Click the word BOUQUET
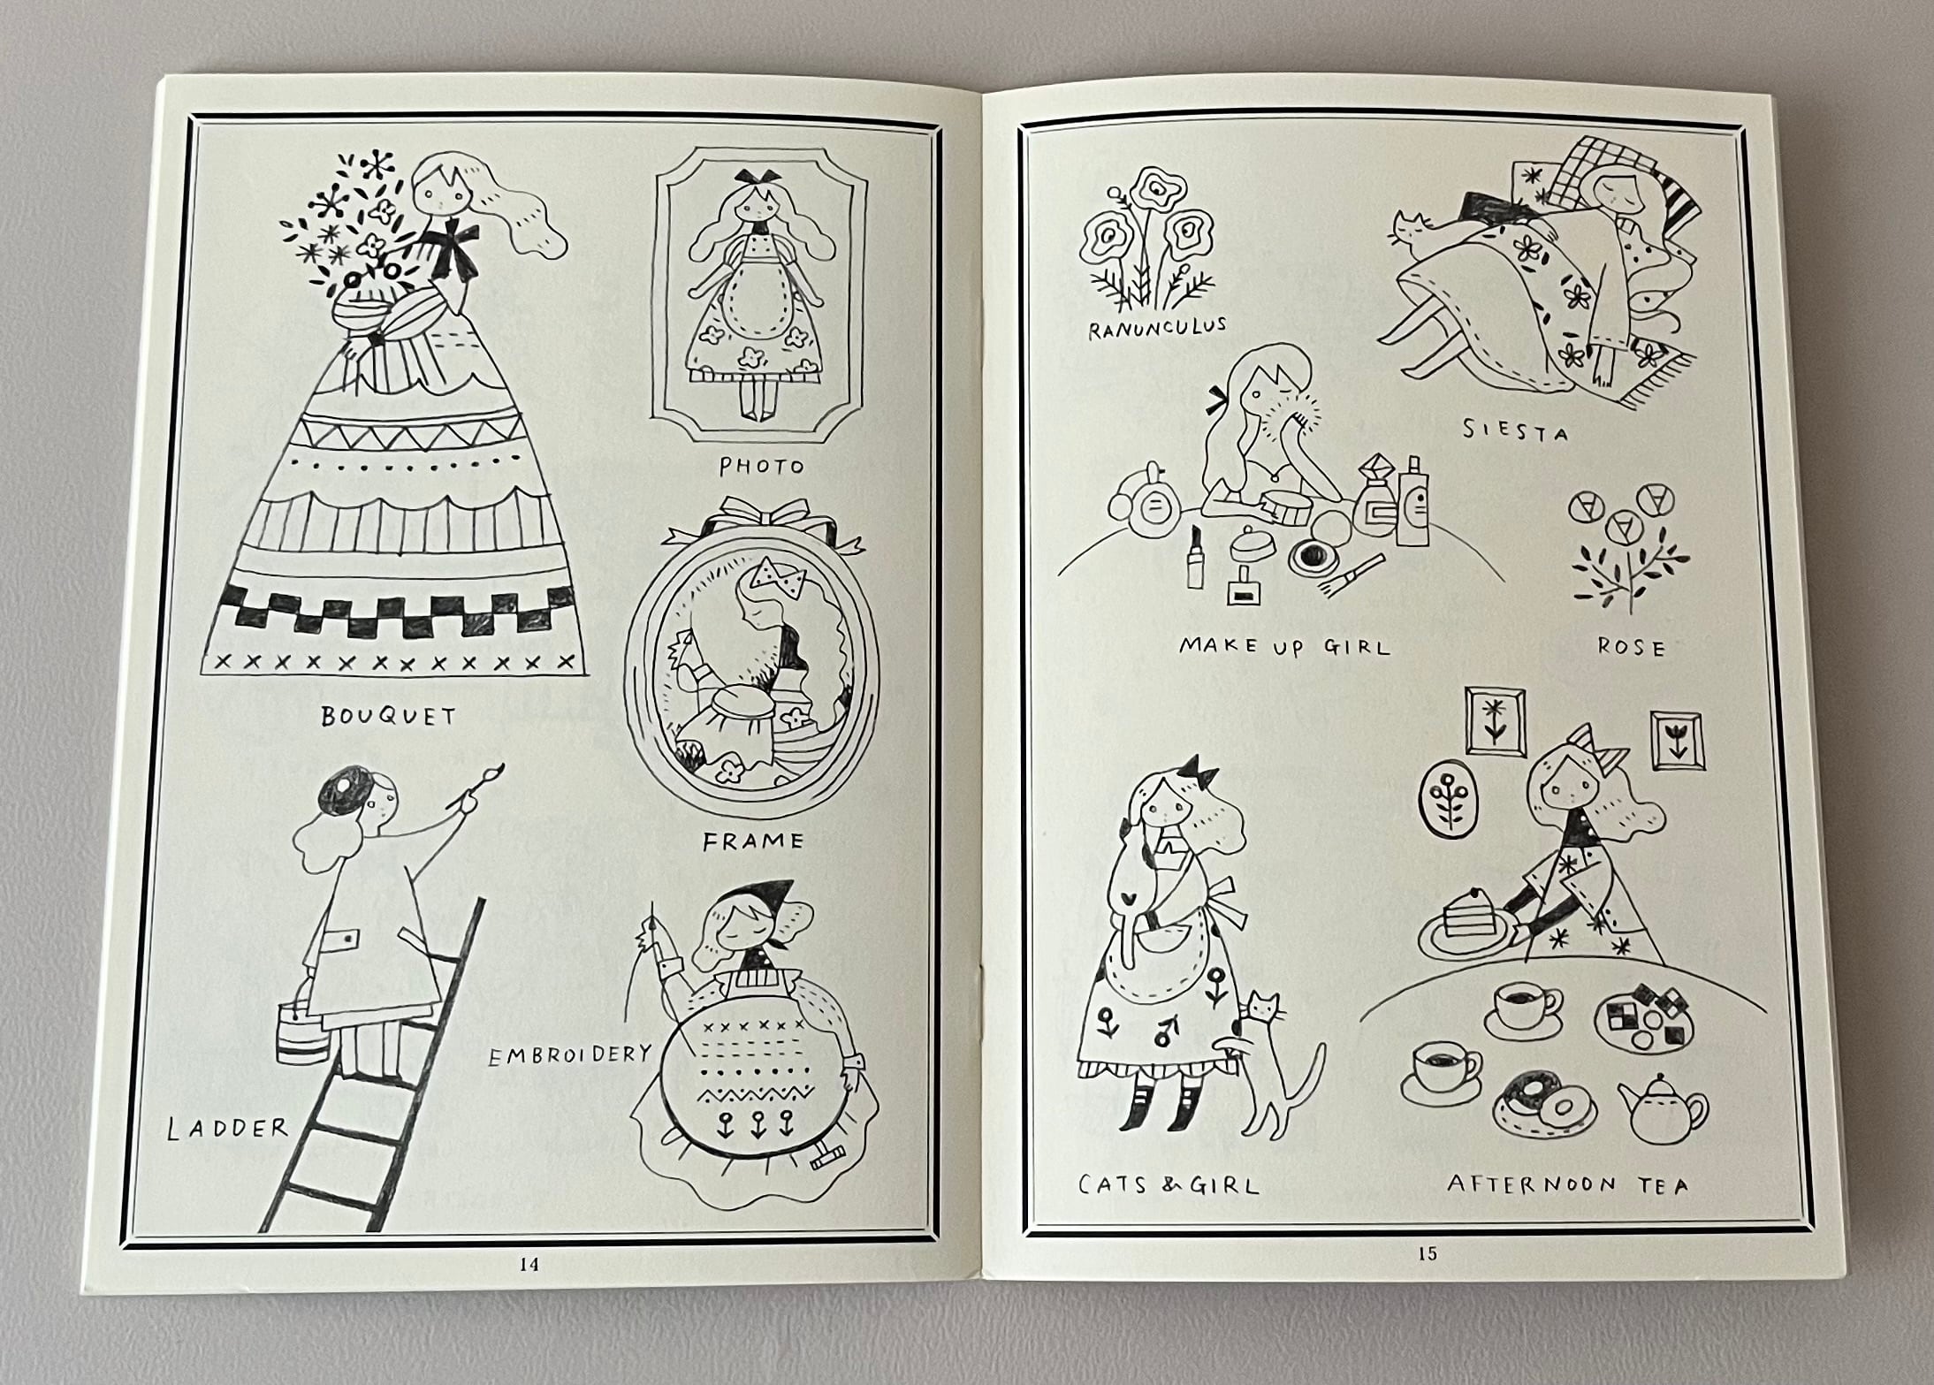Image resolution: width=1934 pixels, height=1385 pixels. tap(388, 715)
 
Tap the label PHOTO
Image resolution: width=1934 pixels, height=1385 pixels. tap(761, 466)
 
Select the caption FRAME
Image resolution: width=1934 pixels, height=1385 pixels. tap(753, 841)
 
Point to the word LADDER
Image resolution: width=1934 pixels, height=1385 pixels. tap(228, 1127)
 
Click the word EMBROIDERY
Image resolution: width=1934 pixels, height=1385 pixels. tap(569, 1054)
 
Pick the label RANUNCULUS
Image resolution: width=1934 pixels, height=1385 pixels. tap(1157, 328)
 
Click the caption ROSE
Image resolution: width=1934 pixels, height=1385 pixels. tap(1631, 648)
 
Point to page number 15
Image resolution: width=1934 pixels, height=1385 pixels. tap(1427, 1252)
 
